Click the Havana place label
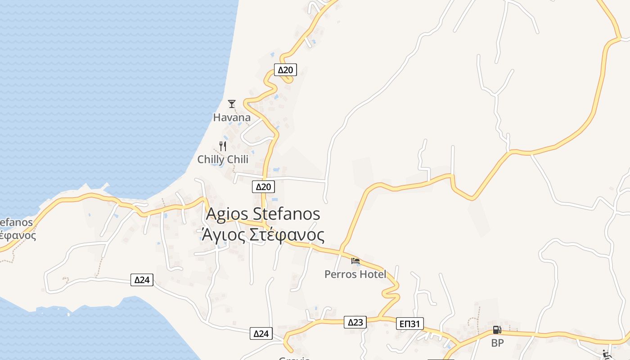232,118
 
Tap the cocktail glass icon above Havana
232,104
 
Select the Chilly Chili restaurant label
223,160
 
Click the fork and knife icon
222,146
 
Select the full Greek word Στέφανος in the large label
287,235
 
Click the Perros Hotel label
355,274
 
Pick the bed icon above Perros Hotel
355,261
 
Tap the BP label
497,343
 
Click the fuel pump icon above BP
497,330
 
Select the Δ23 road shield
355,322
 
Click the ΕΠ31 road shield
410,324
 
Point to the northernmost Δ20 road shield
285,70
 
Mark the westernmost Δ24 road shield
142,280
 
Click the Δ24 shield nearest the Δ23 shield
261,333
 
